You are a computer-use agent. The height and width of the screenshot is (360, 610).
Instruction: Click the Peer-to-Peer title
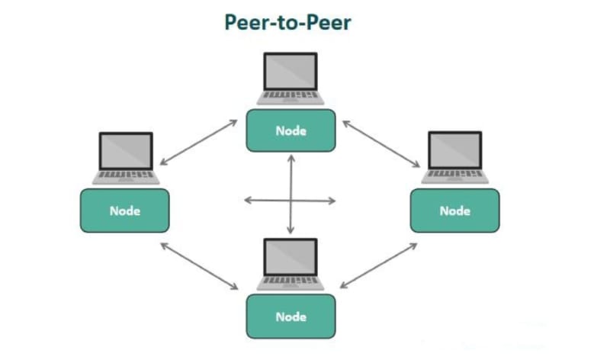click(287, 22)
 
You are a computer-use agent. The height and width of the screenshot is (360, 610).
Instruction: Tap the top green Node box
click(291, 130)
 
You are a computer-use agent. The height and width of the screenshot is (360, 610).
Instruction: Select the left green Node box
click(124, 211)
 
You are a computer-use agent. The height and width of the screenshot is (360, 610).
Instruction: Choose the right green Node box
click(454, 211)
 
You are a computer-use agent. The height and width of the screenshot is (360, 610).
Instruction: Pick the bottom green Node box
click(291, 317)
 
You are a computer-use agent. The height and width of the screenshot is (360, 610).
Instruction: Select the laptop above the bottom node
click(291, 264)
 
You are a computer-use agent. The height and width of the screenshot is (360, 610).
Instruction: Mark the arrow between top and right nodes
click(381, 142)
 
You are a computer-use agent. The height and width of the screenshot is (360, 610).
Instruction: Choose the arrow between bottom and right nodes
click(379, 265)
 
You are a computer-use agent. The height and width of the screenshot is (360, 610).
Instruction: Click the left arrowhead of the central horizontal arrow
click(247, 201)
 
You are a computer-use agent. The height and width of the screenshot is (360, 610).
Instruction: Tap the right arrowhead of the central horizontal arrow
click(332, 201)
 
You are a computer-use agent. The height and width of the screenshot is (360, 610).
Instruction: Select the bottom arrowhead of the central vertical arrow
click(291, 230)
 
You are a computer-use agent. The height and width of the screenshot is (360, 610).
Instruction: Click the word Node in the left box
click(124, 211)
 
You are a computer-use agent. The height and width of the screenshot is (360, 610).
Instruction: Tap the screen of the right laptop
click(455, 150)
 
